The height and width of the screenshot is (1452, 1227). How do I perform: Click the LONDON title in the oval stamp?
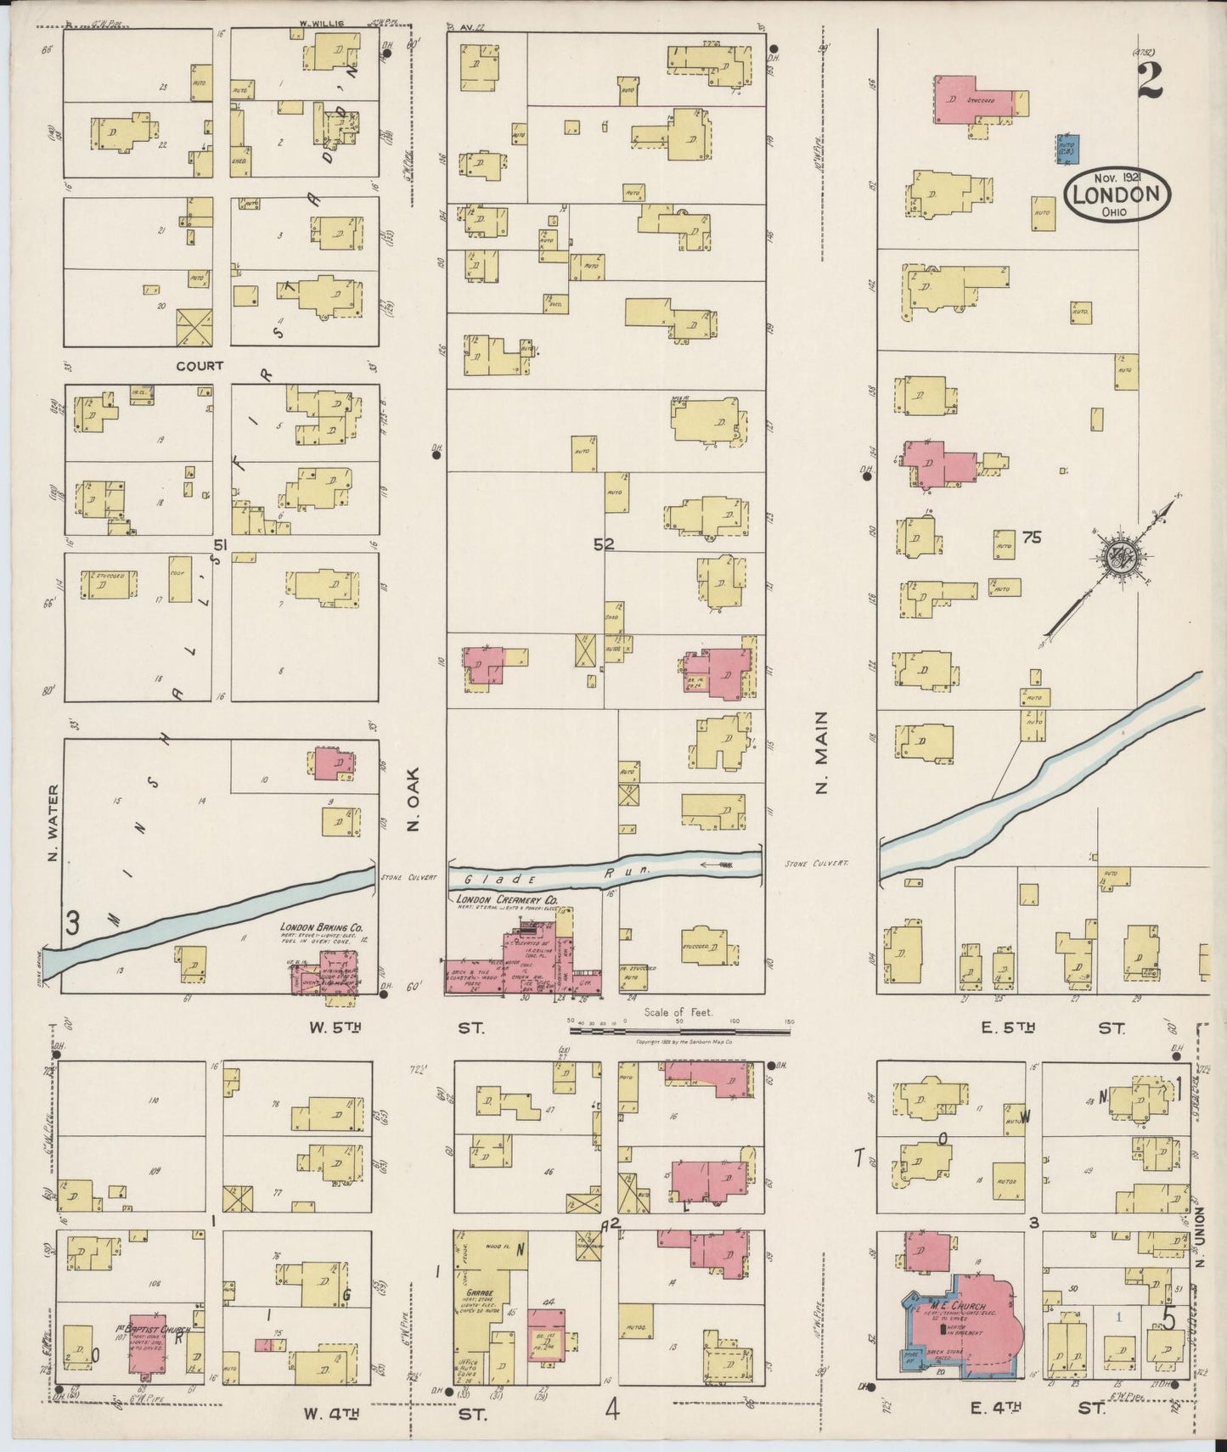pyautogui.click(x=1117, y=194)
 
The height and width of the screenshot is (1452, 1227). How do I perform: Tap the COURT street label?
pyautogui.click(x=200, y=366)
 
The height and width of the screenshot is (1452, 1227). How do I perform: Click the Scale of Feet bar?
pyautogui.click(x=679, y=1030)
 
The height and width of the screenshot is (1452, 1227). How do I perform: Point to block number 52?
pyautogui.click(x=603, y=545)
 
